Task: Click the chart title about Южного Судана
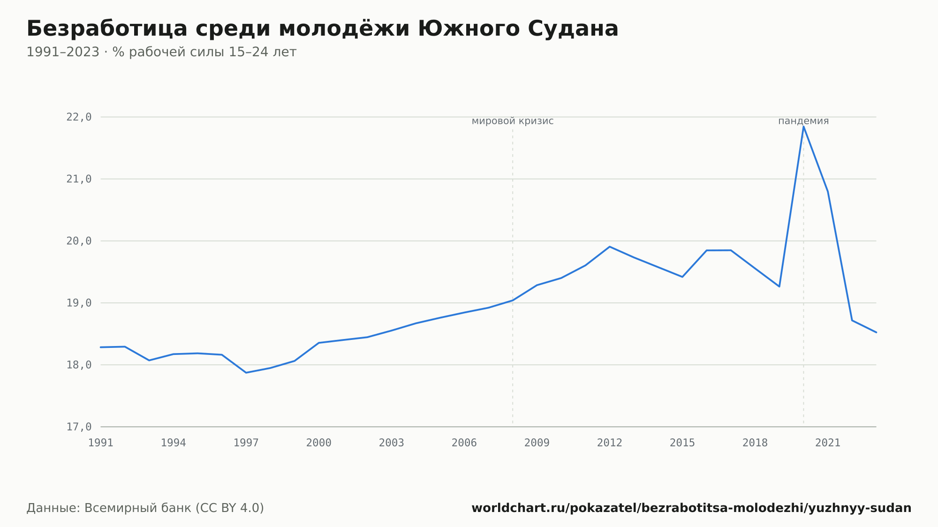tap(323, 29)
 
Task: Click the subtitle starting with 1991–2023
tap(161, 52)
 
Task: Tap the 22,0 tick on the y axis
tap(79, 117)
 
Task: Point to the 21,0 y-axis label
tap(79, 179)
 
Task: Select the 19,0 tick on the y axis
tap(79, 303)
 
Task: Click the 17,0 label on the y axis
tap(79, 427)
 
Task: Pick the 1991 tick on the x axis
tap(101, 443)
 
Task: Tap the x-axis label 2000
tap(319, 443)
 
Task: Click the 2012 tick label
tap(610, 443)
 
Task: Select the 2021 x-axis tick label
tap(828, 443)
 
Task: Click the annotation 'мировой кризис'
tap(513, 121)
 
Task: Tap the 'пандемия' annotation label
tap(803, 121)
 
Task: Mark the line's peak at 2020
tap(803, 127)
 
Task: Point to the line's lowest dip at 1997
tap(246, 373)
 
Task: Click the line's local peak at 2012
tap(610, 247)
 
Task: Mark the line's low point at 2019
tap(779, 286)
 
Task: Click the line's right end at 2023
tap(876, 332)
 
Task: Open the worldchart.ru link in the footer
tap(691, 508)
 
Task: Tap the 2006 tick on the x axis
tap(464, 443)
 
